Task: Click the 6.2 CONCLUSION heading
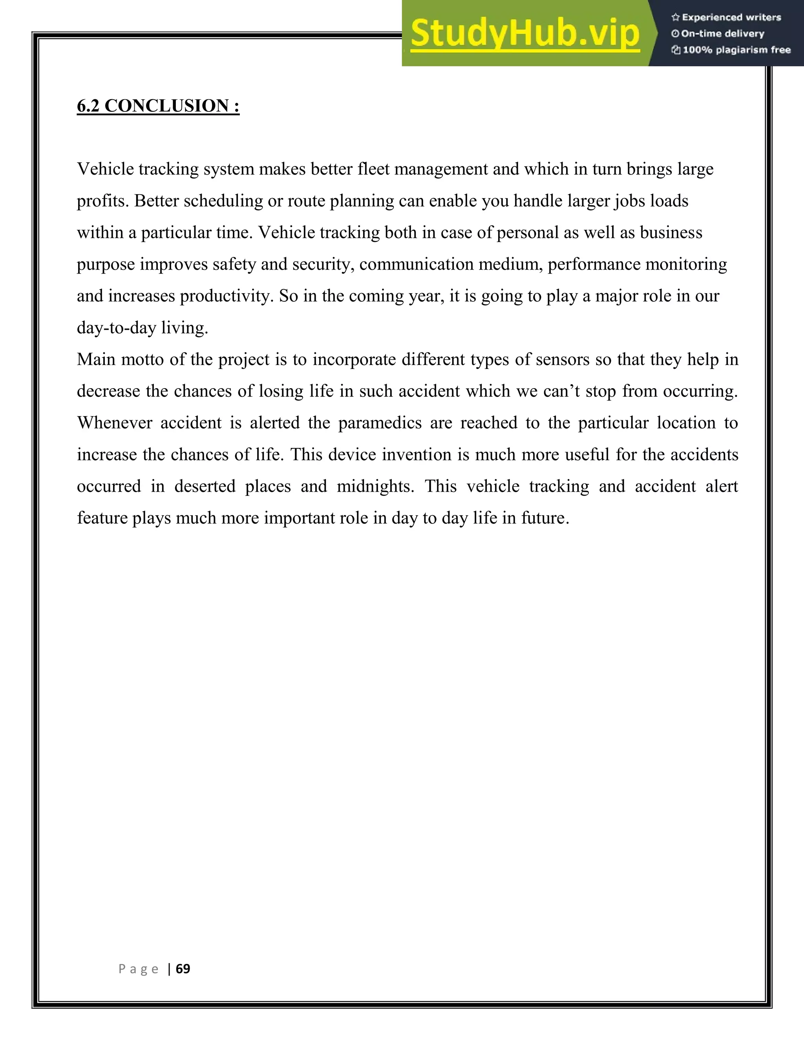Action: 158,106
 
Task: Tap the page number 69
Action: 183,969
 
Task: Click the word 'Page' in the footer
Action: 138,969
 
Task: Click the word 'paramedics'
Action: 380,423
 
